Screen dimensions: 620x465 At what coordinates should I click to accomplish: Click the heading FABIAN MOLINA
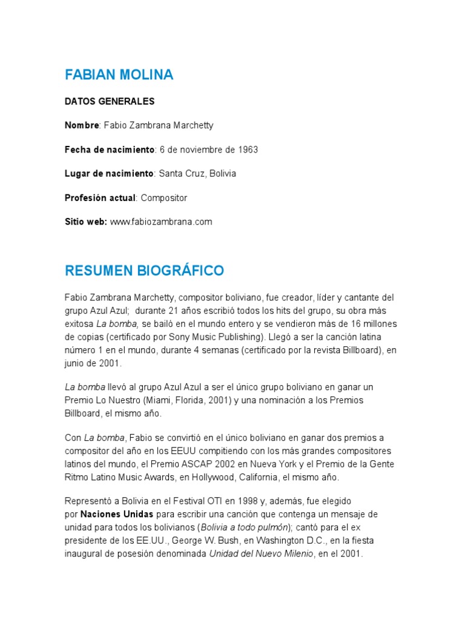pos(119,74)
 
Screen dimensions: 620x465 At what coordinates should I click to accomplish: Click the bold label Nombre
pos(82,125)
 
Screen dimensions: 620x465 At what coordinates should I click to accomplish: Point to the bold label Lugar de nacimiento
pos(109,174)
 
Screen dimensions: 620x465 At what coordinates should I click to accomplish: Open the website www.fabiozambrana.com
pos(161,222)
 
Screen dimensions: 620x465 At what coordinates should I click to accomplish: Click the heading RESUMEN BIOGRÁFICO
pos(145,270)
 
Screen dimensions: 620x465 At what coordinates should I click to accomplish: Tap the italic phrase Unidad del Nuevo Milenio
pos(262,553)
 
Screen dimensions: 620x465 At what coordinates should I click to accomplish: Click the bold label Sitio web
pos(85,222)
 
